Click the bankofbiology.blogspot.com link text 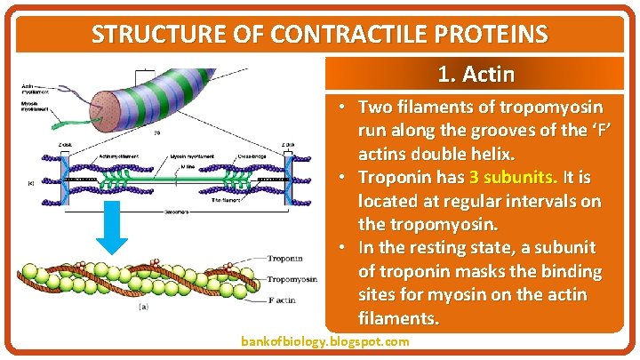click(x=325, y=342)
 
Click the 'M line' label click(x=189, y=157)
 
